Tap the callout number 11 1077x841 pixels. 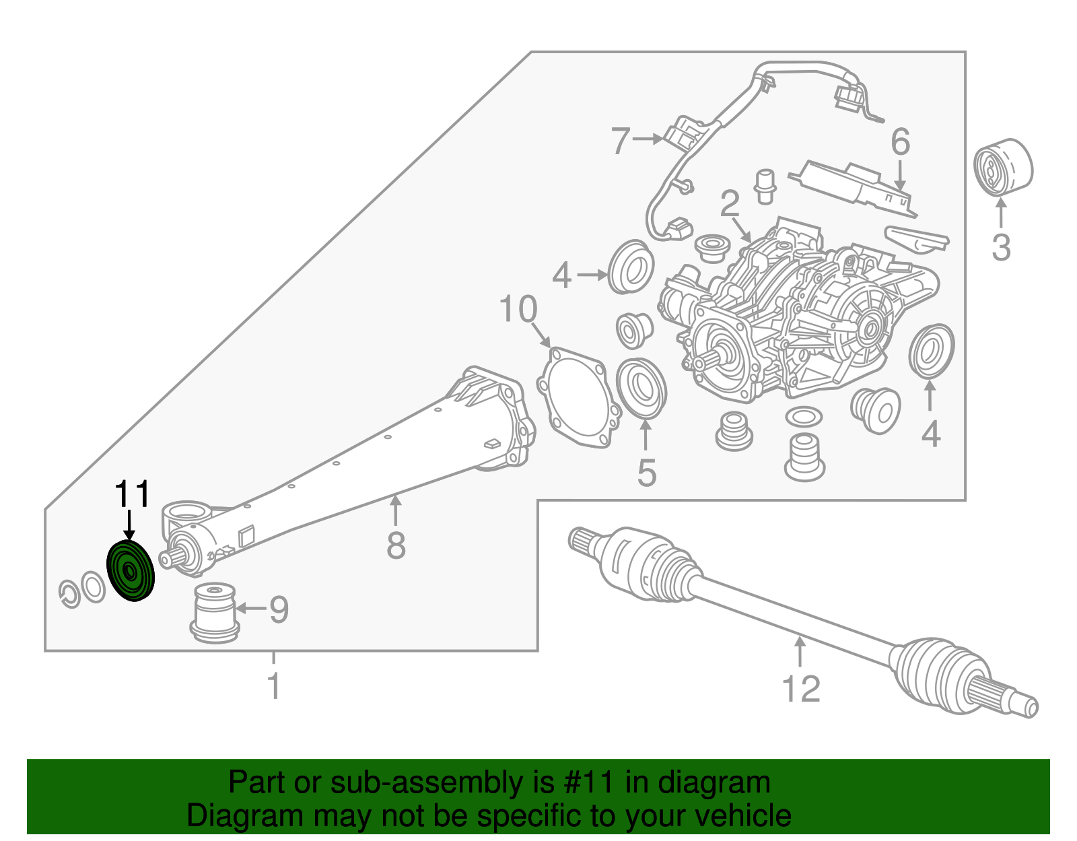click(132, 495)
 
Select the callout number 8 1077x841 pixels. click(396, 545)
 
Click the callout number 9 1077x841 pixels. click(279, 609)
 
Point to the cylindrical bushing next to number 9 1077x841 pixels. click(214, 612)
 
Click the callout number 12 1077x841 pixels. click(801, 689)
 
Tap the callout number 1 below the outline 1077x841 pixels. click(273, 686)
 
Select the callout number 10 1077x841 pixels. click(518, 310)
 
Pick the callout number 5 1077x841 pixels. click(646, 473)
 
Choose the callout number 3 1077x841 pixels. click(1001, 247)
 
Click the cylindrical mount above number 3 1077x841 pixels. click(1003, 168)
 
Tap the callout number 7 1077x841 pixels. click(620, 141)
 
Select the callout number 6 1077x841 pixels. click(900, 142)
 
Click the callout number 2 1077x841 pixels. click(730, 204)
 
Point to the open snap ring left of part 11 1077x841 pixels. click(69, 593)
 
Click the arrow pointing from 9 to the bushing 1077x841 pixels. click(251, 609)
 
